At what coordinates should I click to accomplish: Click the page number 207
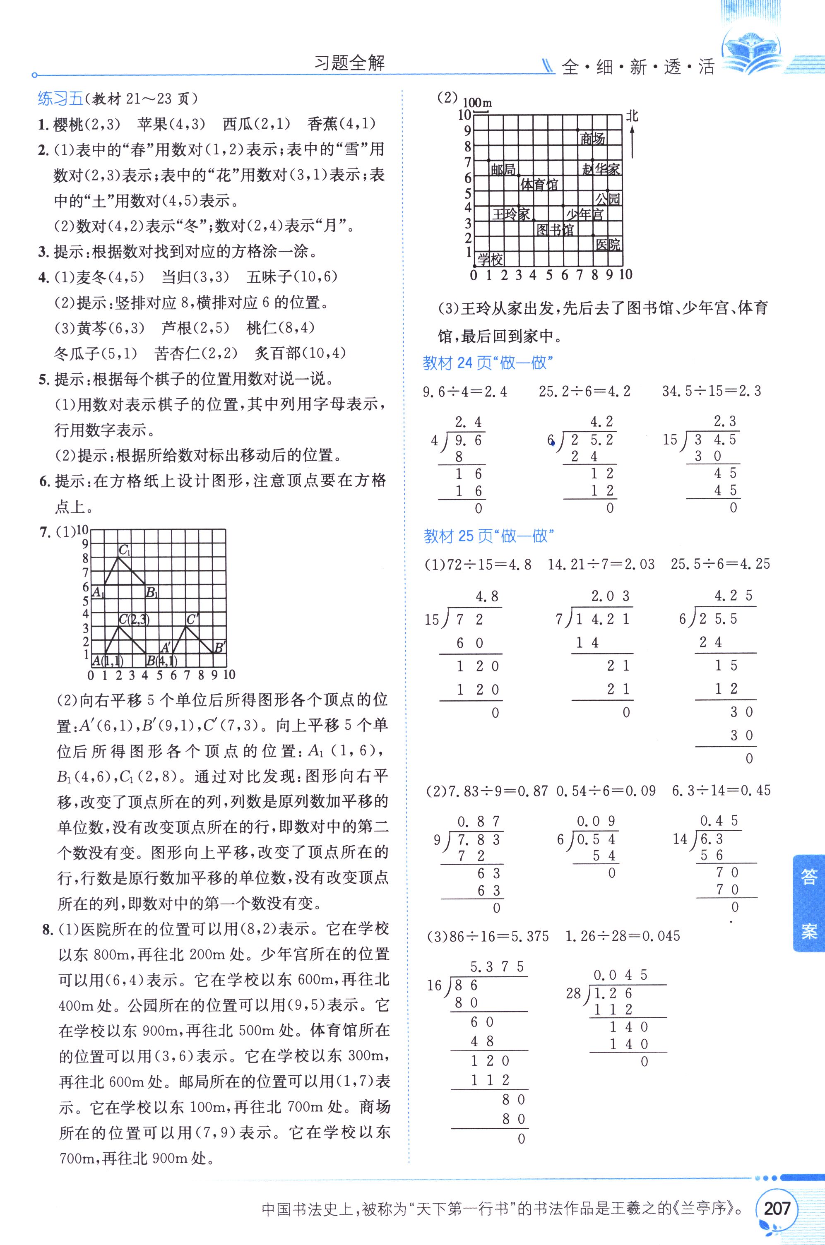777,1208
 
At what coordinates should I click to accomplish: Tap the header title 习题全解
349,63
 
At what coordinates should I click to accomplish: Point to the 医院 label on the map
608,244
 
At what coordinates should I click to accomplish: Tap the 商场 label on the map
592,138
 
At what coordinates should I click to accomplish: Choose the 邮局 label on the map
503,169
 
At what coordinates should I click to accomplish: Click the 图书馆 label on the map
555,230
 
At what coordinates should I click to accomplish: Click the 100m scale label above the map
477,103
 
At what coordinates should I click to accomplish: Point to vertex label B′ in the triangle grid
219,647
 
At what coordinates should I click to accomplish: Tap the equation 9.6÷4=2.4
465,391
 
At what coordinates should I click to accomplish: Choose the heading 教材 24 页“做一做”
488,363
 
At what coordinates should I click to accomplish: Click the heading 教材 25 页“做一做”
489,536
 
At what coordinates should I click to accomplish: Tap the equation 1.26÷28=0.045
623,936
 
